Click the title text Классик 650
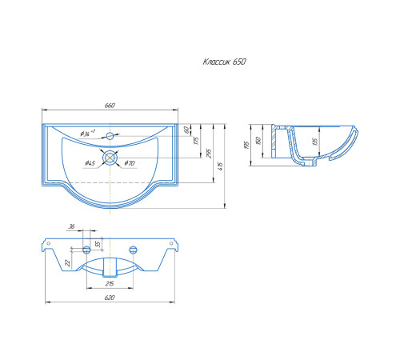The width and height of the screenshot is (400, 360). click(x=224, y=62)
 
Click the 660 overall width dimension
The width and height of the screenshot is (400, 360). click(x=110, y=106)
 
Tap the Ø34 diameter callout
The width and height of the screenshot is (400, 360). click(x=88, y=133)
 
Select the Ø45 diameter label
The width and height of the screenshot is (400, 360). click(x=90, y=163)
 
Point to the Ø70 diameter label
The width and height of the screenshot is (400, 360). click(x=130, y=163)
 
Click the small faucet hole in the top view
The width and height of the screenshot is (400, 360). click(x=110, y=136)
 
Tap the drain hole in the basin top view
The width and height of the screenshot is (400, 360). click(x=110, y=158)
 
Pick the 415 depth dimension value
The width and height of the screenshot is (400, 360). click(x=220, y=166)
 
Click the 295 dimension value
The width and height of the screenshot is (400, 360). click(x=209, y=154)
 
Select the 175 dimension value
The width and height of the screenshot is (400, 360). click(x=197, y=140)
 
